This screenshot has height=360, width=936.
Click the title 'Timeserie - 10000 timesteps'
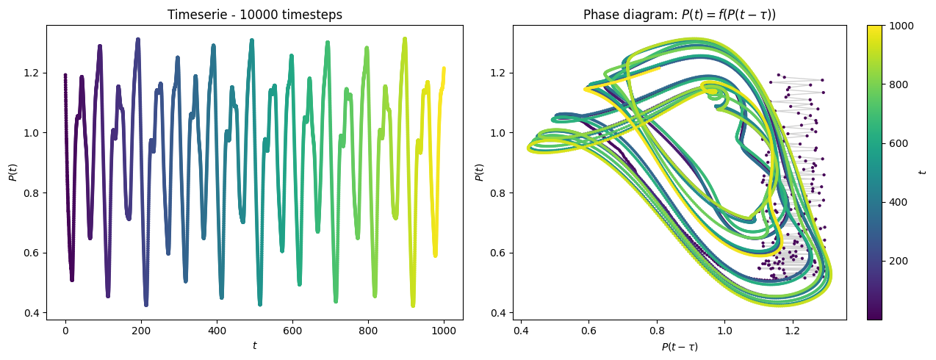pyautogui.click(x=254, y=15)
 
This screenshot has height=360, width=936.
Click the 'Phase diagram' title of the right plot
pyautogui.click(x=680, y=15)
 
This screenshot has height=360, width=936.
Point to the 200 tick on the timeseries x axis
pyautogui.click(x=141, y=331)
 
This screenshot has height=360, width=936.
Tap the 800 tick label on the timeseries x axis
pyautogui.click(x=367, y=331)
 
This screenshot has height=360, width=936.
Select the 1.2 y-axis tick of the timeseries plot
pyautogui.click(x=32, y=73)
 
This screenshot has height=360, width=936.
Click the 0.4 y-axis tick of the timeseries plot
pyautogui.click(x=32, y=313)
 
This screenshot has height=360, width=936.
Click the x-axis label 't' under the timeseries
pyautogui.click(x=254, y=346)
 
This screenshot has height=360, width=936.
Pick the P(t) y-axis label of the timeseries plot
pyautogui.click(x=13, y=172)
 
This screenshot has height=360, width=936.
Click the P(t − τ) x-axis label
pyautogui.click(x=680, y=347)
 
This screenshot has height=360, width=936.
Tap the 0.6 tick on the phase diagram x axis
pyautogui.click(x=588, y=331)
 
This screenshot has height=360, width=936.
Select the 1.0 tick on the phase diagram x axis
pyautogui.click(x=724, y=331)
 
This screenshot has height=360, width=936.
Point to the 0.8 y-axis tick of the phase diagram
pyautogui.click(x=498, y=193)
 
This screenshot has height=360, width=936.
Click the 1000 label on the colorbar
pyautogui.click(x=901, y=26)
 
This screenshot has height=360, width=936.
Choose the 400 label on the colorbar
pyautogui.click(x=899, y=202)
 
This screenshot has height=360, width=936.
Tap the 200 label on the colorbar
pyautogui.click(x=899, y=261)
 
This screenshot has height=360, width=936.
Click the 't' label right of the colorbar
pyautogui.click(x=923, y=172)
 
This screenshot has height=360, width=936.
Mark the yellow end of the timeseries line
pyautogui.click(x=444, y=68)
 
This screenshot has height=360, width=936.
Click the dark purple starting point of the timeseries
pyautogui.click(x=65, y=75)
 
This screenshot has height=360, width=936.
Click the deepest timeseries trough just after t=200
pyautogui.click(x=146, y=305)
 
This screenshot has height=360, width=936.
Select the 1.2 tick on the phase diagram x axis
pyautogui.click(x=792, y=331)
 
